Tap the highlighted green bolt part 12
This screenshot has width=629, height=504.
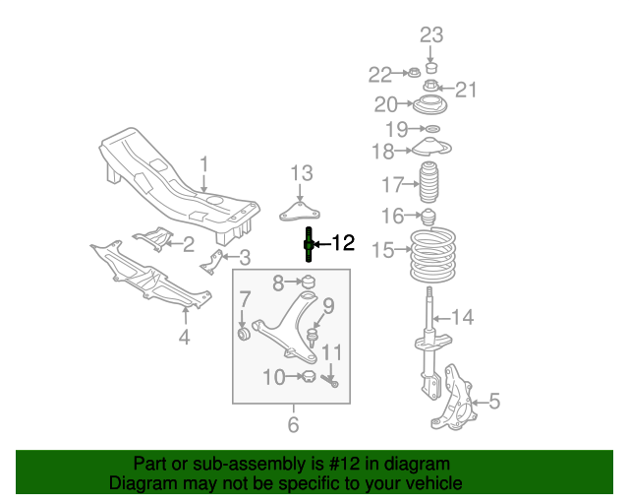(309, 245)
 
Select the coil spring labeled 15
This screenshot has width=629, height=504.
(432, 256)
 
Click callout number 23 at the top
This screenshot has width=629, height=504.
(432, 36)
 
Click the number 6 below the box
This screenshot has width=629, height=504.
(293, 425)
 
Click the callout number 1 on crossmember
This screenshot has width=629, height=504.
(204, 164)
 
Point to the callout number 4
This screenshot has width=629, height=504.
(184, 340)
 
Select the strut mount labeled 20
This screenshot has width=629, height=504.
(430, 105)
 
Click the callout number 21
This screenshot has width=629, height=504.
(465, 90)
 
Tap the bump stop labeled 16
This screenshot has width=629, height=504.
(429, 217)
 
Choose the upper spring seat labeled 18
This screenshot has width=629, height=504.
(429, 150)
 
